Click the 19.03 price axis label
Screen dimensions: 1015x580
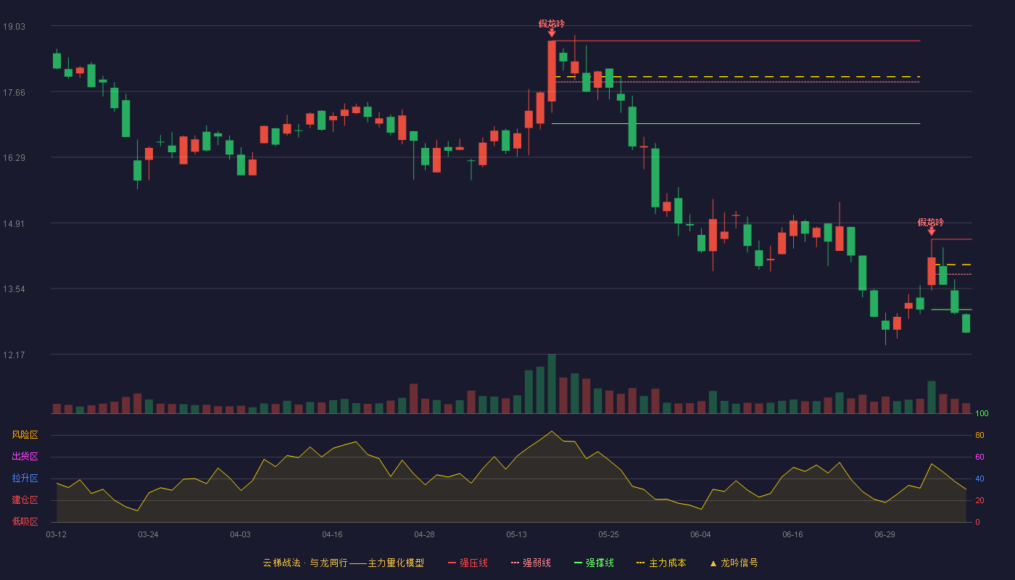click(14, 26)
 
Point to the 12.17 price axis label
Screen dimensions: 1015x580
click(14, 355)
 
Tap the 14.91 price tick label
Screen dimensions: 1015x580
click(14, 223)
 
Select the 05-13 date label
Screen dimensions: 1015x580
click(516, 535)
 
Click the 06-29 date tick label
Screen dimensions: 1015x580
click(885, 535)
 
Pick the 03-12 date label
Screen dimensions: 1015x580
click(57, 535)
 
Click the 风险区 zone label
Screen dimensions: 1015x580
click(25, 435)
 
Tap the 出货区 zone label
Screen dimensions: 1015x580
click(25, 456)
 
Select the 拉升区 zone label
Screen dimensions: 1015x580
click(25, 478)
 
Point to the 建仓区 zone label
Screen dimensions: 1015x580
click(25, 500)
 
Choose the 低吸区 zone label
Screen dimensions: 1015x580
click(25, 521)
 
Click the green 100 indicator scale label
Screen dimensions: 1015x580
click(982, 413)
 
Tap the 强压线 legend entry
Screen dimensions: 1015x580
click(468, 563)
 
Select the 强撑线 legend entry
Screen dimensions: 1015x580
click(594, 563)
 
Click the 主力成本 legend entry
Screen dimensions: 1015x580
click(661, 563)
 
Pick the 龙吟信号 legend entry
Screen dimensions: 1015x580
click(734, 563)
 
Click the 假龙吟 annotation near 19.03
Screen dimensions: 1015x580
click(552, 23)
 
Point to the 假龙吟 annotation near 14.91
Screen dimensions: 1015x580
click(931, 222)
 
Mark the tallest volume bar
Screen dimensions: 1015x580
click(552, 384)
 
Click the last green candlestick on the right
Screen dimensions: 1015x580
click(966, 323)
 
